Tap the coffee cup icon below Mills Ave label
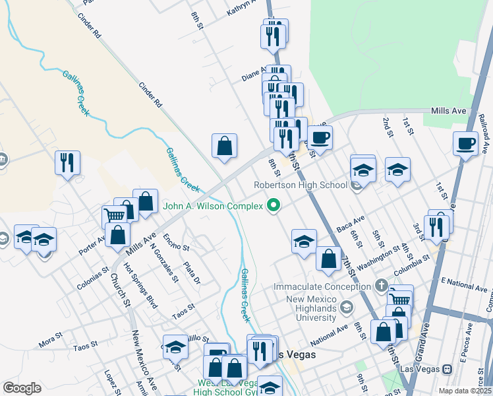tap(465, 143)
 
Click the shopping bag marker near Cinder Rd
tap(224, 145)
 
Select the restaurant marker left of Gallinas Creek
tap(67, 162)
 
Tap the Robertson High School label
tap(301, 185)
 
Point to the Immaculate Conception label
tap(322, 287)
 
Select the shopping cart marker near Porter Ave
tap(114, 215)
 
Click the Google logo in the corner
tap(22, 388)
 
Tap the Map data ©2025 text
tap(465, 391)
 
